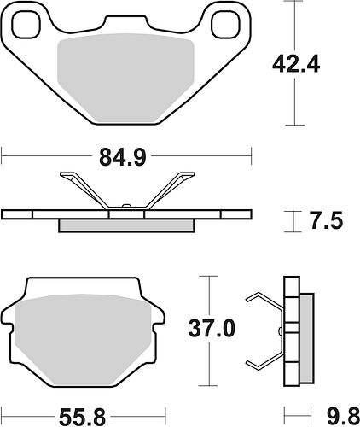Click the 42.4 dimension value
tap(296, 66)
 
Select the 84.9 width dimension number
tap(123, 158)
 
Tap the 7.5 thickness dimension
tap(327, 220)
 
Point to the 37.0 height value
tap(212, 329)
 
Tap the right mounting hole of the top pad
tap(224, 25)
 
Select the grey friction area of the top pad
tap(125, 79)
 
